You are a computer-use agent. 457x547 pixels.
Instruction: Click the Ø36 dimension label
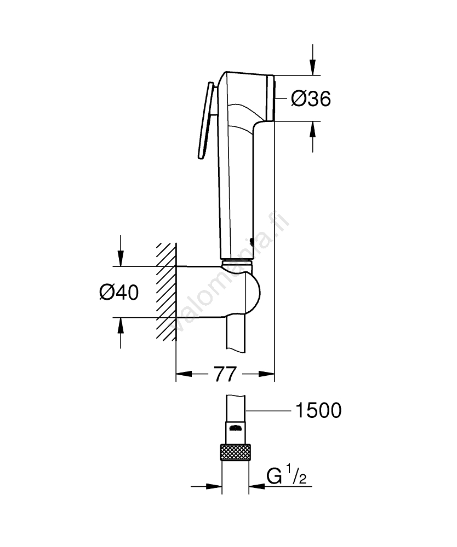(x=311, y=98)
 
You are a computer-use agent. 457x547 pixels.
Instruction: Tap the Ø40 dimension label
(x=119, y=292)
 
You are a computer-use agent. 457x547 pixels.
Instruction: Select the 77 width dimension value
(x=225, y=374)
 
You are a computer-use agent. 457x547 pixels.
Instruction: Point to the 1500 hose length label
(x=318, y=410)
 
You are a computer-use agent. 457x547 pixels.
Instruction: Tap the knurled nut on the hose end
(x=235, y=452)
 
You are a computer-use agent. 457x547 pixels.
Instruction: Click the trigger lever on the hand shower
(x=206, y=120)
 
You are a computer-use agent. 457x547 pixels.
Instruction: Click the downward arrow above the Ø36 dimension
(x=312, y=60)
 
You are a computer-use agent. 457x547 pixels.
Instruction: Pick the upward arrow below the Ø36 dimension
(x=312, y=137)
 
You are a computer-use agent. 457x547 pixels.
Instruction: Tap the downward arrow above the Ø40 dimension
(x=121, y=251)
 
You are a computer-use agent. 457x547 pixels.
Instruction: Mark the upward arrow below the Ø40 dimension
(x=121, y=333)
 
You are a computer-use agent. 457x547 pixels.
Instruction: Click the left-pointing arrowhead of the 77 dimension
(x=184, y=374)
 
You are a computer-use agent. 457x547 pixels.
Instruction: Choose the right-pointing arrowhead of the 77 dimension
(x=266, y=374)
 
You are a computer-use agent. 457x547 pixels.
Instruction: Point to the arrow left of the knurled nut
(x=206, y=486)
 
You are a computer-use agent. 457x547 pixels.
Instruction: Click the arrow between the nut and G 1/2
(x=257, y=486)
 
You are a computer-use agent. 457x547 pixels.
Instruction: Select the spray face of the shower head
(x=270, y=98)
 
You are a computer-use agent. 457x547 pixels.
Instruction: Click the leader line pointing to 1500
(x=269, y=411)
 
